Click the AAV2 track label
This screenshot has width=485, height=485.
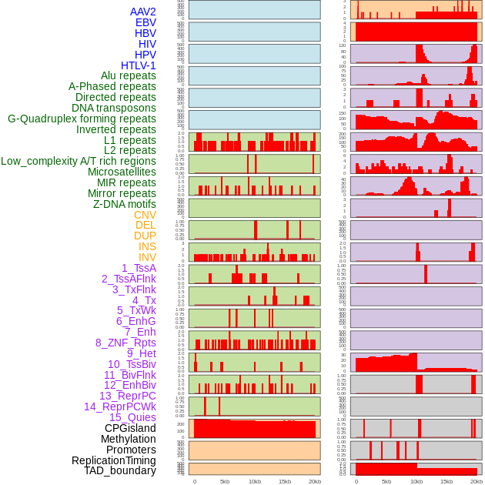(143, 12)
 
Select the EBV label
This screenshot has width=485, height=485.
(145, 22)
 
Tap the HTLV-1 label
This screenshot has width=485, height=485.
(139, 65)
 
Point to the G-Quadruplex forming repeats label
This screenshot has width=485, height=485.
(82, 119)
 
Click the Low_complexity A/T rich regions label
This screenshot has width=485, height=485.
(79, 161)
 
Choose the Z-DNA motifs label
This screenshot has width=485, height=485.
(125, 204)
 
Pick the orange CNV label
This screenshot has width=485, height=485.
(145, 215)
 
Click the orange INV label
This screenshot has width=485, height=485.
(147, 257)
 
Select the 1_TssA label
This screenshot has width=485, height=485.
(139, 268)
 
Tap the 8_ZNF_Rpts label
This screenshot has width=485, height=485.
(125, 343)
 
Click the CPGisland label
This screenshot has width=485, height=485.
(130, 428)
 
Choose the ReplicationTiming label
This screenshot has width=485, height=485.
(114, 460)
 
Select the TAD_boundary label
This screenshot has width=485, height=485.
(120, 470)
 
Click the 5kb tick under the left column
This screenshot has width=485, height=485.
(225, 481)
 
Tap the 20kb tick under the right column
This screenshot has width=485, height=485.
(477, 481)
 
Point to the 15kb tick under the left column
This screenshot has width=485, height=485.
(285, 481)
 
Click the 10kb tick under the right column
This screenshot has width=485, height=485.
(416, 481)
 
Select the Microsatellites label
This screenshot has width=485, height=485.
(122, 172)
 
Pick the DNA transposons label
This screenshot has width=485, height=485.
(114, 108)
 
